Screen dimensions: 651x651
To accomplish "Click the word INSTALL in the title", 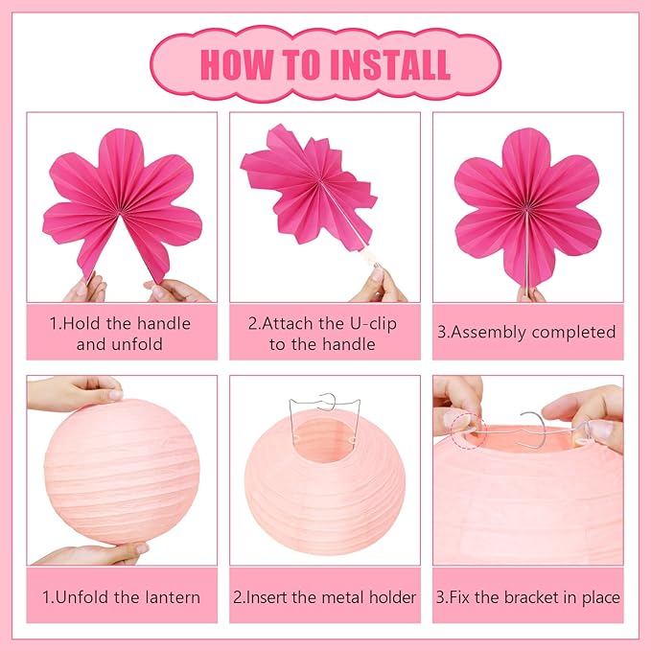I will click(x=391, y=63).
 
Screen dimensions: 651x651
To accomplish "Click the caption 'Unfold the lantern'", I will click(x=121, y=596).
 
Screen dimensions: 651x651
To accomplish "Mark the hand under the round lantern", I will click(x=96, y=554).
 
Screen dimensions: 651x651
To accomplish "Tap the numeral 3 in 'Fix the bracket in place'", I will click(x=442, y=596).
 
